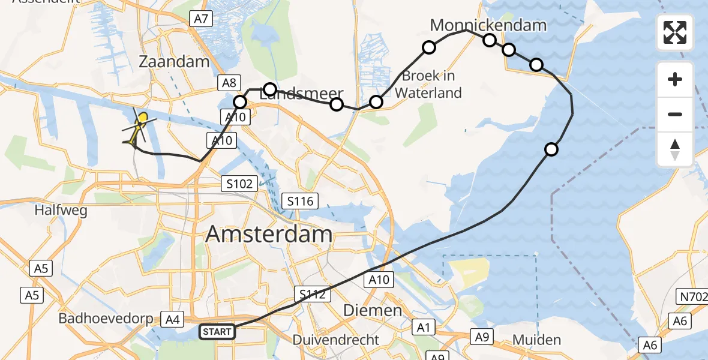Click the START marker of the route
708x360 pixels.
217,331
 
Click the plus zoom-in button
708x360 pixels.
675,80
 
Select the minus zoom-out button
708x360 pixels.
675,114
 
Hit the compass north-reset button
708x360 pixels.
675,149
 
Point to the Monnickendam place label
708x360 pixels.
488,25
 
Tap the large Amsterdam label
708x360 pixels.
269,234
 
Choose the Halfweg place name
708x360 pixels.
61,211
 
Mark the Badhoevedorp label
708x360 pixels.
106,319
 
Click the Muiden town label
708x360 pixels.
536,340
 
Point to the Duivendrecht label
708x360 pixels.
335,340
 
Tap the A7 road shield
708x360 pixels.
201,19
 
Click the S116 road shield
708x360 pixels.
301,201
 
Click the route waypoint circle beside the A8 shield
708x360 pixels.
240,102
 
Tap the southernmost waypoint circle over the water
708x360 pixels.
551,149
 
